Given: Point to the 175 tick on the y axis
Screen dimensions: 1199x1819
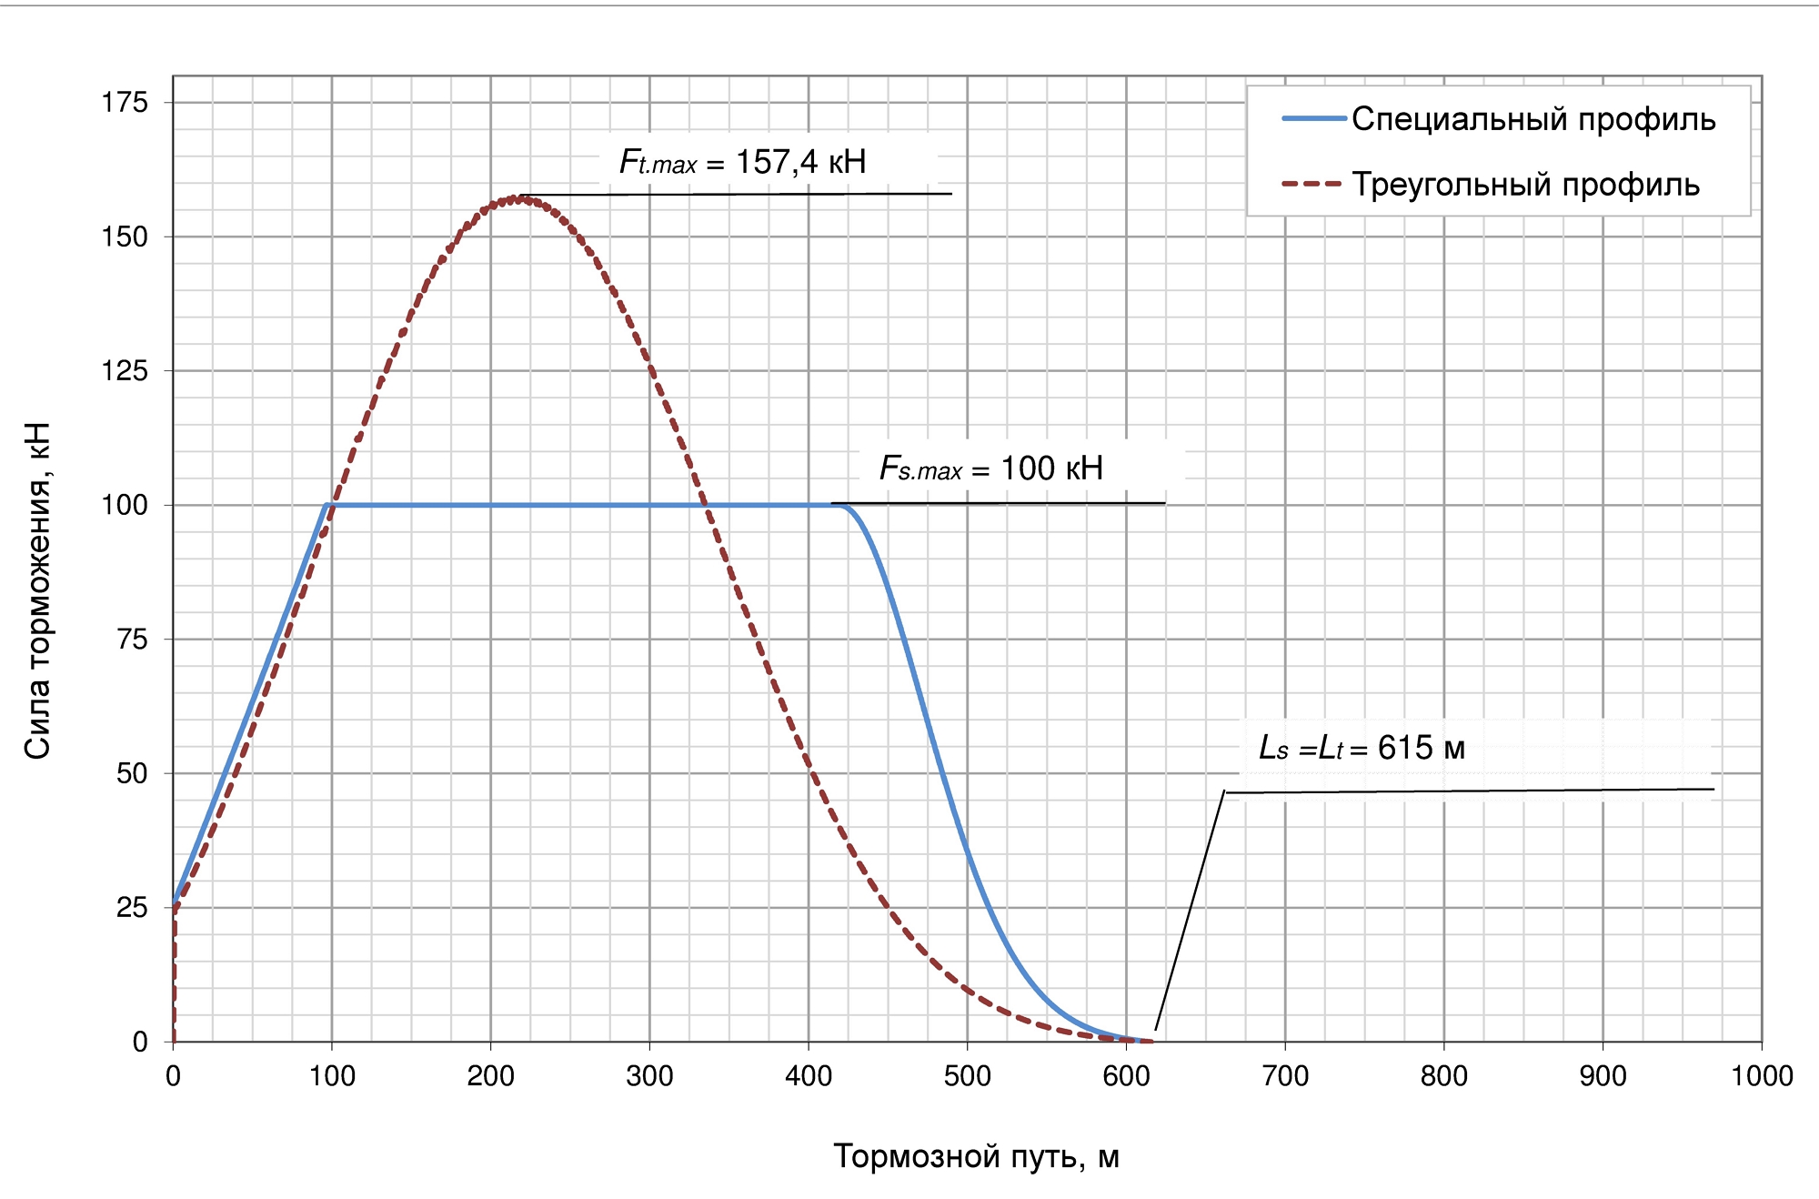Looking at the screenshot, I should pyautogui.click(x=125, y=103).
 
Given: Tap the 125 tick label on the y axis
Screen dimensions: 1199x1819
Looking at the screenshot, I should pyautogui.click(x=125, y=371).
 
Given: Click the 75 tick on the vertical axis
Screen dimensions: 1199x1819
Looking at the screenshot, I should pyautogui.click(x=132, y=640).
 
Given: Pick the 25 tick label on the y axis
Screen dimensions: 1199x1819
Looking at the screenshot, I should pyautogui.click(x=132, y=908).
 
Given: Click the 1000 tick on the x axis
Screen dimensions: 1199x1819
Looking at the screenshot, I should pyautogui.click(x=1761, y=1076).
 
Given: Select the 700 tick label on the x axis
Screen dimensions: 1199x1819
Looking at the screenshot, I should pyautogui.click(x=1284, y=1076).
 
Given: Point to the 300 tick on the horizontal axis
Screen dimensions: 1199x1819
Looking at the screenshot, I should pyautogui.click(x=649, y=1076).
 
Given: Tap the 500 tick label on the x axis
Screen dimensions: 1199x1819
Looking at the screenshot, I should pyautogui.click(x=967, y=1076).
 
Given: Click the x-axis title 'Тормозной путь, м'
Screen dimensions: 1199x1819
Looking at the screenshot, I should pyautogui.click(x=976, y=1156).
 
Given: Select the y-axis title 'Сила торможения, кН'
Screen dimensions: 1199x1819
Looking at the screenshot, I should pyautogui.click(x=37, y=590).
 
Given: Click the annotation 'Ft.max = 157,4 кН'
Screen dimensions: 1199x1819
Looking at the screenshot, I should pyautogui.click(x=742, y=162).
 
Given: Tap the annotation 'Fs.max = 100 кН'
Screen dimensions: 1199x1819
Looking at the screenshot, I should pyautogui.click(x=990, y=469).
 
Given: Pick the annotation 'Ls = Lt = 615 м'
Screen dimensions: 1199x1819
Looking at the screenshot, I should pyautogui.click(x=1362, y=748).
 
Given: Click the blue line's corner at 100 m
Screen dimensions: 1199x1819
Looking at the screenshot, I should pyautogui.click(x=327, y=505).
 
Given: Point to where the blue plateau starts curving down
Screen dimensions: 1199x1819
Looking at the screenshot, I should pyautogui.click(x=846, y=506).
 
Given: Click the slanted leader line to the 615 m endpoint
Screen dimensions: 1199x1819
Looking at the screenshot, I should pyautogui.click(x=1190, y=910).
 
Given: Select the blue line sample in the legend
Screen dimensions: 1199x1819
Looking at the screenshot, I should pyautogui.click(x=1313, y=119).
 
